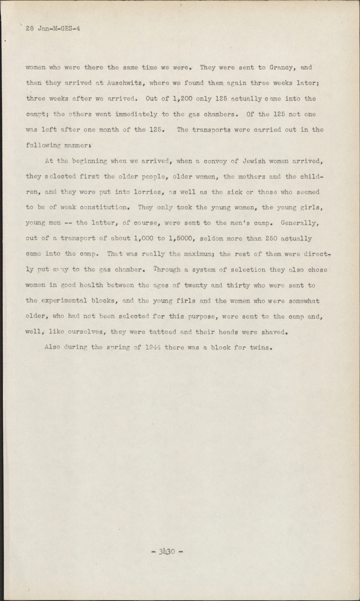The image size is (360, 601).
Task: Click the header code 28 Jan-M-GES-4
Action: (53, 28)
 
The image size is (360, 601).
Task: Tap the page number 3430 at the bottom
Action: (168, 551)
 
